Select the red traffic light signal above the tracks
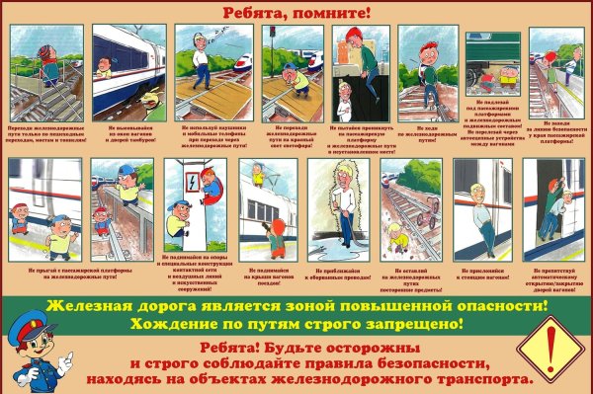pos(271,36)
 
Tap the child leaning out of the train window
pos(105,69)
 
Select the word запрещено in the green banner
pos(416,324)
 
